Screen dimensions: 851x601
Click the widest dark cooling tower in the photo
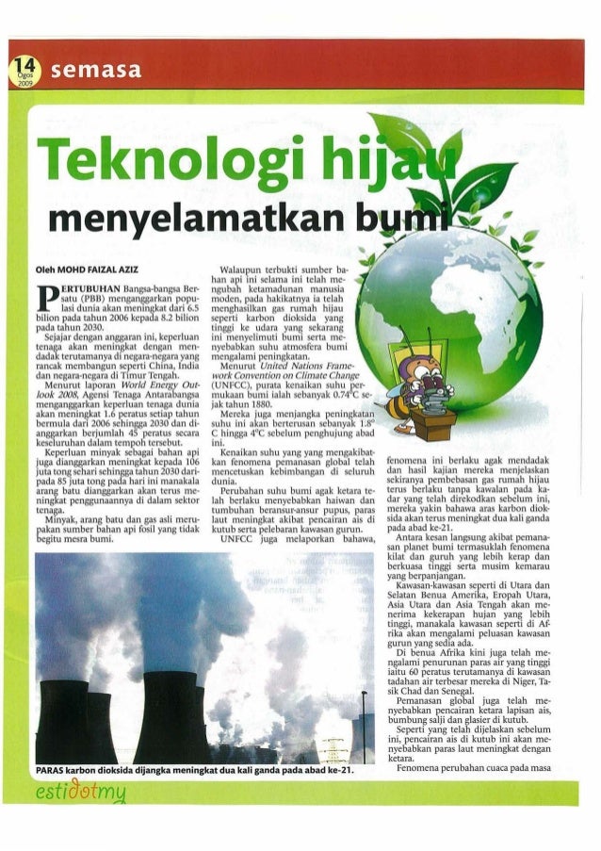click(171, 715)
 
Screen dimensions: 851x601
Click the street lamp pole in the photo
click(364, 726)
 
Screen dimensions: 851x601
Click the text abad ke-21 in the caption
click(326, 771)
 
